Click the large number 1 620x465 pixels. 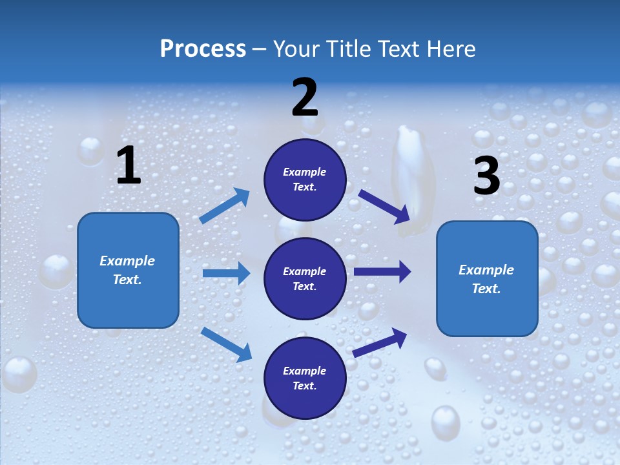coord(129,166)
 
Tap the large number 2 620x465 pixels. coord(305,98)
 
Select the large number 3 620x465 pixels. coord(486,176)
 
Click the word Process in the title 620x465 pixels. coord(203,48)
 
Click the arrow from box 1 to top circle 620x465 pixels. coord(225,206)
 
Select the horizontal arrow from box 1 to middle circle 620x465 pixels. coord(226,273)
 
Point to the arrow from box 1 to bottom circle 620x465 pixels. coord(226,344)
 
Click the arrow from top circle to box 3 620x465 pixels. coord(384,206)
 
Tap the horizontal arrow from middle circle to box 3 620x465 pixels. coord(382,272)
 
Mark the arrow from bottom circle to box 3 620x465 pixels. coord(380,342)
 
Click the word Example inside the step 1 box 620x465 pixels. coord(127,261)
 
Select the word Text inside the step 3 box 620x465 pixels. coord(486,289)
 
